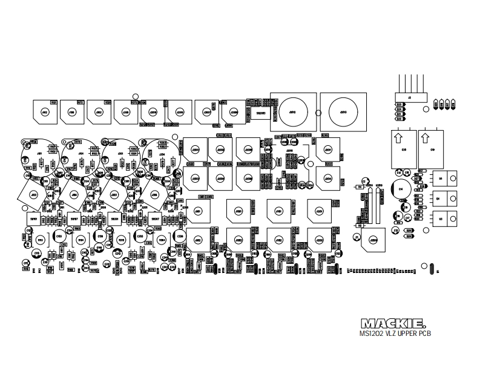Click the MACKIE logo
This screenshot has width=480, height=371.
[396, 323]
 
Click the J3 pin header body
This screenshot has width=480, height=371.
[410, 97]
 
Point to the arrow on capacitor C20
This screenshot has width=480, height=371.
[397, 138]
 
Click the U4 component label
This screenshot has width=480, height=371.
[440, 179]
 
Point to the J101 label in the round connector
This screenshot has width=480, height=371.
[39, 154]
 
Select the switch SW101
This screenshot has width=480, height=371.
[34, 218]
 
